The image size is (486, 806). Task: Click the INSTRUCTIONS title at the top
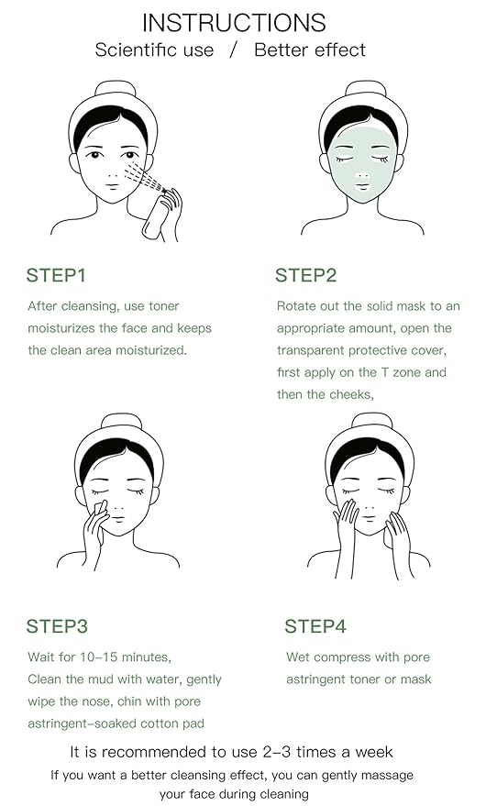tap(234, 22)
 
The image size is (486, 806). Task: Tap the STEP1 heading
tap(56, 275)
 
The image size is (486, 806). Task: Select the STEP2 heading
tap(306, 275)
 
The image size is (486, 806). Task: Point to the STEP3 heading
tap(57, 627)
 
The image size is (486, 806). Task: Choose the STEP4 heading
tap(315, 627)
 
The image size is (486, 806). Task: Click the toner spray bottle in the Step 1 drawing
tap(158, 216)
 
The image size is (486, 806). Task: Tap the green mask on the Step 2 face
tap(359, 174)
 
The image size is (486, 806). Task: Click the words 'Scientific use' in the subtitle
tap(153, 50)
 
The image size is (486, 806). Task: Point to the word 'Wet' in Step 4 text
tap(298, 657)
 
